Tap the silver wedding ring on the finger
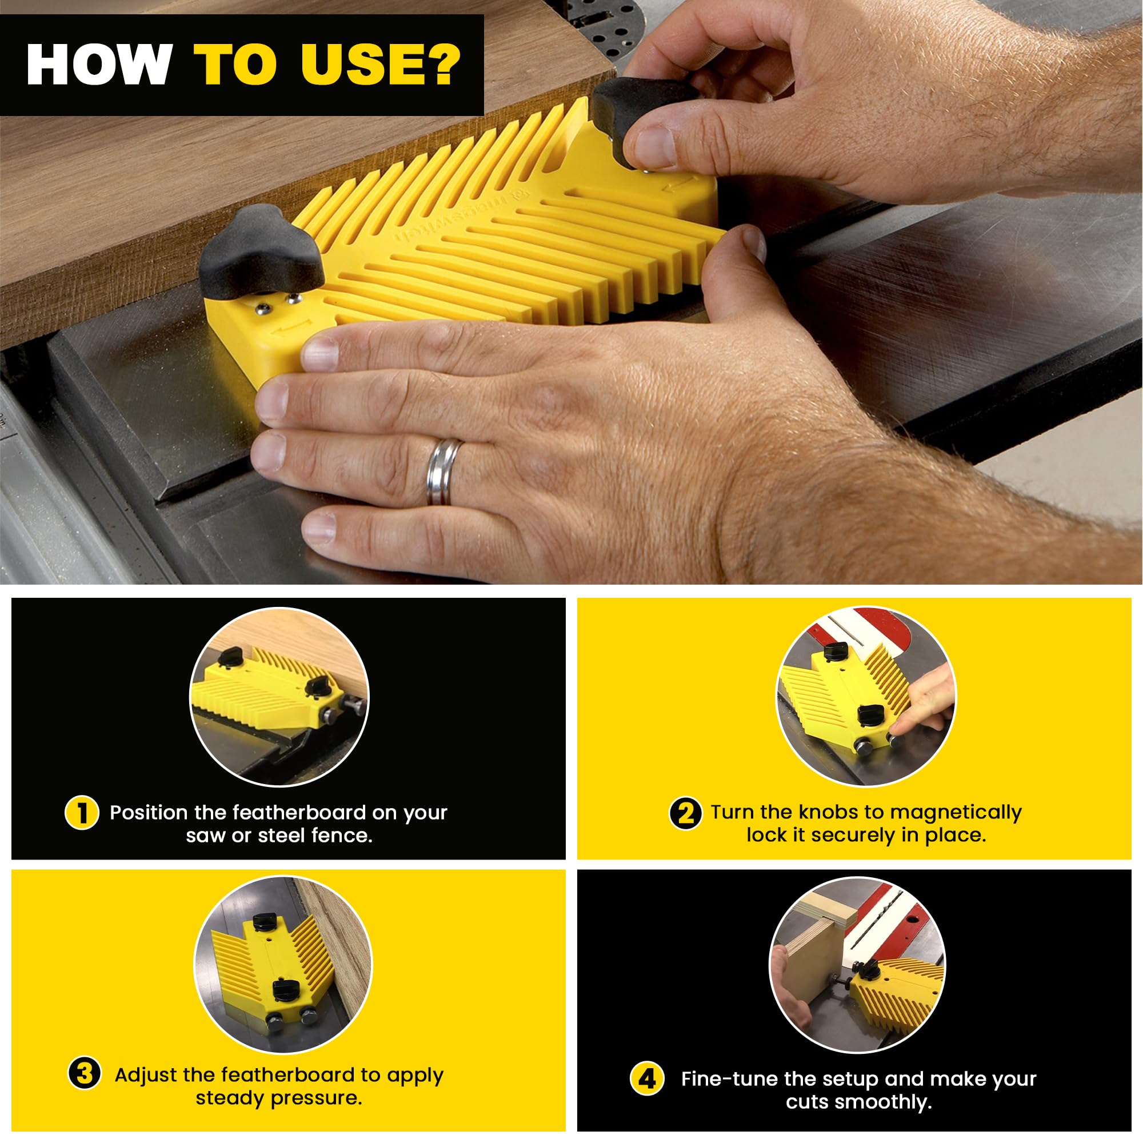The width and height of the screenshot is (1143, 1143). click(444, 472)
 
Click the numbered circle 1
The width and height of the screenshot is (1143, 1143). click(82, 812)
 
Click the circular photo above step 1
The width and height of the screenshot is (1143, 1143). click(279, 697)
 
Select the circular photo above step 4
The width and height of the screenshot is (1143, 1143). click(857, 965)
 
